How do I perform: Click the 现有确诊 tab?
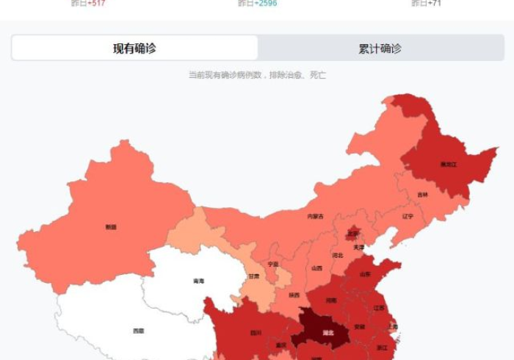[x=134, y=48]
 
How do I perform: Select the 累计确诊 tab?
[x=380, y=48]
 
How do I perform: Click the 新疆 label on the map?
[x=111, y=227]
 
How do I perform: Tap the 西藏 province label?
[x=138, y=331]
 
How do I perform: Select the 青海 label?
[x=198, y=281]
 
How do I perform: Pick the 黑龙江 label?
[x=448, y=164]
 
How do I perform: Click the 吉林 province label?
[x=422, y=195]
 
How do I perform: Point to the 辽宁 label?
[x=408, y=217]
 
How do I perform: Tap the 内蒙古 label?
[x=315, y=216]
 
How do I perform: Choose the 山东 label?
[x=365, y=274]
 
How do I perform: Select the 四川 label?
[x=256, y=332]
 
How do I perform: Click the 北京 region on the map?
[x=353, y=234]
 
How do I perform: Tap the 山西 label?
[x=316, y=269]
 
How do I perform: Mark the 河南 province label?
[x=331, y=300]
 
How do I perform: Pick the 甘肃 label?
[x=254, y=277]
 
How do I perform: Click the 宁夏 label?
[x=273, y=264]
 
